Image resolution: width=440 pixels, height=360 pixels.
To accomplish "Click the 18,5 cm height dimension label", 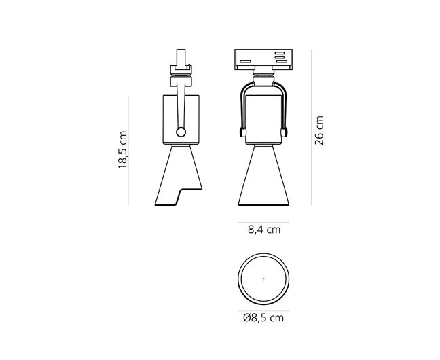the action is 123,149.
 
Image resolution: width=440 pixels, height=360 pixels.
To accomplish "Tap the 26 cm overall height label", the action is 319,130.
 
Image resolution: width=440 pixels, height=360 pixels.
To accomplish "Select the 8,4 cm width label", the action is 264,230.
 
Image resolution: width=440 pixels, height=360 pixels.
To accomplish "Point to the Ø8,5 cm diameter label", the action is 263,318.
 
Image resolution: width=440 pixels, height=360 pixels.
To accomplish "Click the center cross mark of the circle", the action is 263,279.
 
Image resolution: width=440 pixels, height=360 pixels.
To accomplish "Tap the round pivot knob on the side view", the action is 181,132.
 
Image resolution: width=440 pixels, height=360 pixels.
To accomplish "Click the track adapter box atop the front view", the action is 263,59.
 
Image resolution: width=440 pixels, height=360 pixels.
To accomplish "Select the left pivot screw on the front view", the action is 242,132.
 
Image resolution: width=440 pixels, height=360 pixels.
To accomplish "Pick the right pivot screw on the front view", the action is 284,132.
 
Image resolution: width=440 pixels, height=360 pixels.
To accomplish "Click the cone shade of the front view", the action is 263,175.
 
